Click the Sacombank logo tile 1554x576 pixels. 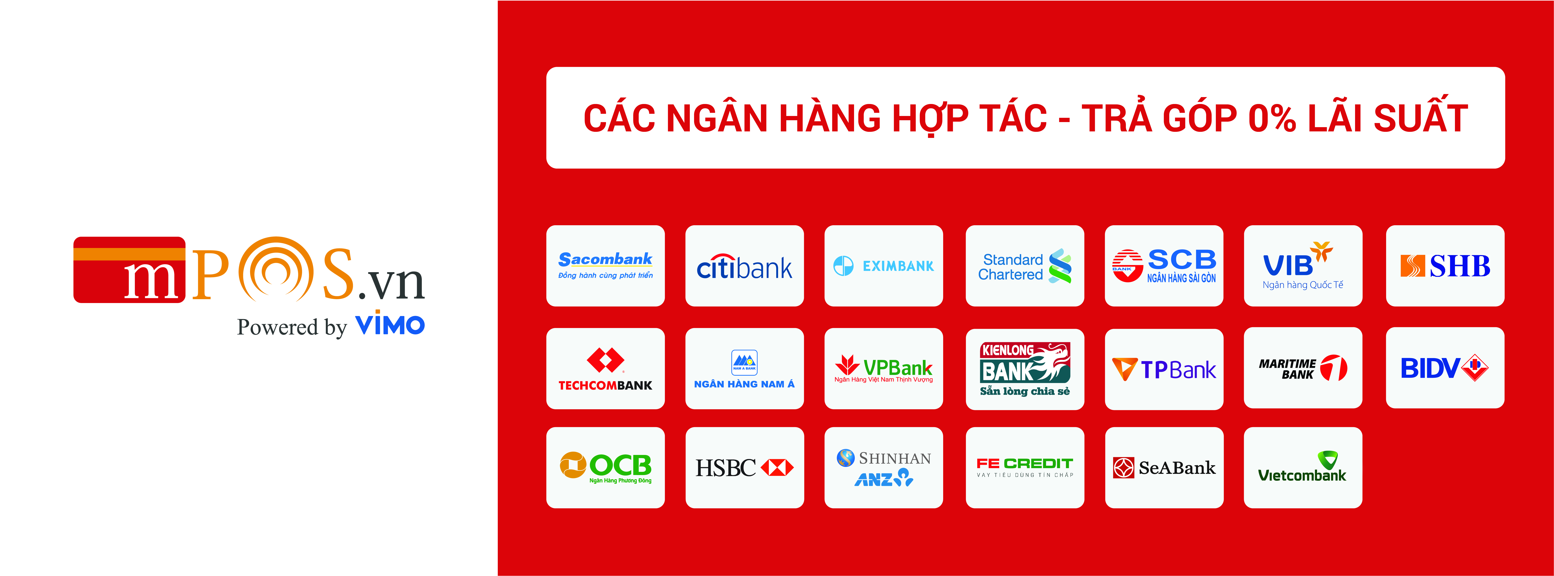point(605,266)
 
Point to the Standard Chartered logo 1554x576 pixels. point(1024,266)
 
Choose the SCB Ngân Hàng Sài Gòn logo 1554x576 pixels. point(1164,266)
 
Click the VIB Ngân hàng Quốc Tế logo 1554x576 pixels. point(1303,266)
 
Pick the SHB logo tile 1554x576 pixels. point(1445,266)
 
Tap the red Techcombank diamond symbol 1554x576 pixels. point(605,360)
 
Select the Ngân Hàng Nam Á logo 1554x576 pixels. point(744,369)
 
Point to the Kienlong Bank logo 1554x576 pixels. point(1025,369)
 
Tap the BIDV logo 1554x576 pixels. point(1445,368)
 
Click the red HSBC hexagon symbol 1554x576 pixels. point(777,467)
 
